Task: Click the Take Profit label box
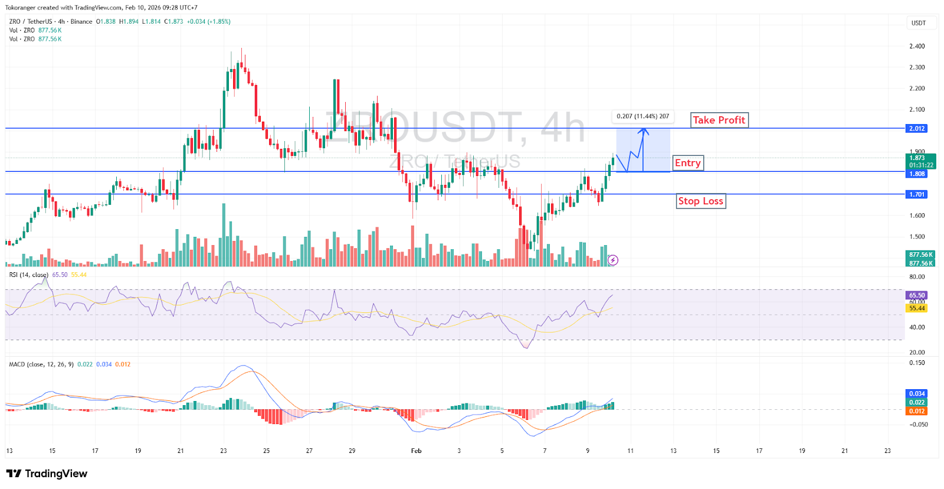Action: coord(719,120)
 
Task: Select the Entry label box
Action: coord(687,163)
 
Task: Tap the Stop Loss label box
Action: coord(700,201)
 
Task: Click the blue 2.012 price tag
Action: coord(917,129)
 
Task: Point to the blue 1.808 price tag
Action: coord(917,174)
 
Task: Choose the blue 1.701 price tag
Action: coord(917,194)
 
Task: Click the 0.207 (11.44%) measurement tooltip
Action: coord(643,116)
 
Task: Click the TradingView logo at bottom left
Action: coord(47,474)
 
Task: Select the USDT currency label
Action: coord(919,23)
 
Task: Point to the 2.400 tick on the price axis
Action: coord(917,46)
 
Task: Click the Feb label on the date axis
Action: coord(416,451)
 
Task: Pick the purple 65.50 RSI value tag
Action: coord(917,295)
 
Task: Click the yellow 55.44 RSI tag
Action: coord(917,308)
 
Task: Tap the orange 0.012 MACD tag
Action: coord(917,411)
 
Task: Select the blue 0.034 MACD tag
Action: coord(917,394)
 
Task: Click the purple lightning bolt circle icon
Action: coord(613,260)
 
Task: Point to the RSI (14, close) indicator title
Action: coord(28,275)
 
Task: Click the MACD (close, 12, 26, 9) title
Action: coord(41,364)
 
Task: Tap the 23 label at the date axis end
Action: coord(887,451)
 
